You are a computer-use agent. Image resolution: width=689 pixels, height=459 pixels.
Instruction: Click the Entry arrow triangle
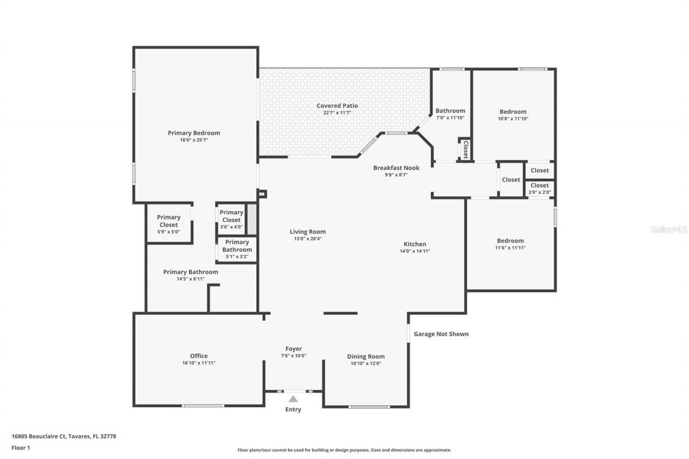(293, 399)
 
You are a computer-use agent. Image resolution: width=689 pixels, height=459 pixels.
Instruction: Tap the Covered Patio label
(337, 105)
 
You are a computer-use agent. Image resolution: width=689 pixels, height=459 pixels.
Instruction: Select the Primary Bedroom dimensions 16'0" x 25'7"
(194, 140)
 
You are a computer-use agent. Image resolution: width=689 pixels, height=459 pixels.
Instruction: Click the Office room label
(199, 356)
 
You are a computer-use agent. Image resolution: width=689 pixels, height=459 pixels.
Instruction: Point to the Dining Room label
(365, 356)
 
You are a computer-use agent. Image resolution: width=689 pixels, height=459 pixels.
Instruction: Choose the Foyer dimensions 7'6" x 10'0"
(293, 356)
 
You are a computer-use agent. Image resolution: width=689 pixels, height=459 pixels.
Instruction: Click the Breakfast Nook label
(396, 168)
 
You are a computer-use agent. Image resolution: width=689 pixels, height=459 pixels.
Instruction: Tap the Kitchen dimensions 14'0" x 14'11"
(414, 251)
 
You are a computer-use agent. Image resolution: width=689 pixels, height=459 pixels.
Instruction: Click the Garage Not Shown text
(441, 334)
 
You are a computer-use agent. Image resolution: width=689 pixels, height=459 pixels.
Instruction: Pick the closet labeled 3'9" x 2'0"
(539, 188)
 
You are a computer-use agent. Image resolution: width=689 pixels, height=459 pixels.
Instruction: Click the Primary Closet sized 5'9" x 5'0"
(168, 224)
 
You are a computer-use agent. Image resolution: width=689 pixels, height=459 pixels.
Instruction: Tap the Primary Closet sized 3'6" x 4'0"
(231, 220)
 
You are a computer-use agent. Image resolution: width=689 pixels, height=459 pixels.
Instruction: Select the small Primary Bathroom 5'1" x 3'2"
(237, 250)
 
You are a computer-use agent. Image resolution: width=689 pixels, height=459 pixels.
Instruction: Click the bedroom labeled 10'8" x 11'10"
(512, 115)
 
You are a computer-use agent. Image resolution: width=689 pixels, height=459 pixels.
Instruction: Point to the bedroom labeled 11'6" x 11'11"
(510, 244)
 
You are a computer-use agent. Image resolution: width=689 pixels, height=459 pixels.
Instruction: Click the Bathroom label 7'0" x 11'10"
(450, 114)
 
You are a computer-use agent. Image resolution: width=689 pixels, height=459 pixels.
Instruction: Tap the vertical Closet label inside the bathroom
(465, 150)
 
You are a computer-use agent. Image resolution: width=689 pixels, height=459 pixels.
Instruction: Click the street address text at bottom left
(64, 436)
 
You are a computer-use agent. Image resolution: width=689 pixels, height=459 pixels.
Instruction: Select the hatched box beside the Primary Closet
(251, 219)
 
